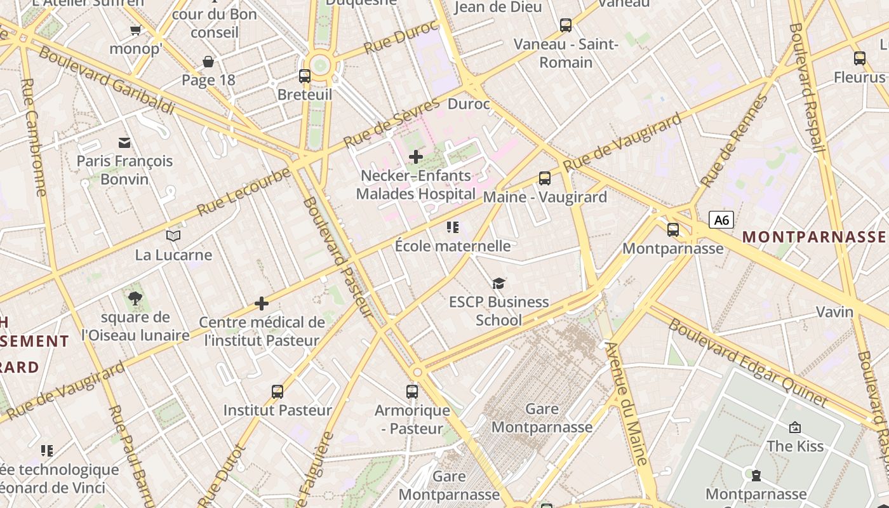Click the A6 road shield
(x=721, y=220)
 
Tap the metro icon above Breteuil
(x=305, y=76)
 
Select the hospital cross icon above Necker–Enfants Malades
(x=416, y=156)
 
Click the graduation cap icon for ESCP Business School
(x=498, y=283)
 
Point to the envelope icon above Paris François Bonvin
(x=124, y=142)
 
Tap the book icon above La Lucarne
(x=173, y=236)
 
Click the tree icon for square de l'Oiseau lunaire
(x=135, y=298)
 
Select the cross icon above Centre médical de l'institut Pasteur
(x=262, y=304)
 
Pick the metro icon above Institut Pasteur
(x=277, y=391)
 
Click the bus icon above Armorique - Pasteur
(x=412, y=391)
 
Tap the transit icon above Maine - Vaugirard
(x=545, y=178)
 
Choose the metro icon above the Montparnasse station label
(x=673, y=230)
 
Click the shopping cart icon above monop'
(x=135, y=30)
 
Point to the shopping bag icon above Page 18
(x=208, y=62)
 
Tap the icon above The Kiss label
(x=794, y=427)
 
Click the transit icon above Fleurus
(x=860, y=58)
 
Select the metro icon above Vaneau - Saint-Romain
(x=565, y=25)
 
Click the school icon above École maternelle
(x=453, y=227)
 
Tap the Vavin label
(x=834, y=312)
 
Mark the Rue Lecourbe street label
(x=243, y=192)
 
